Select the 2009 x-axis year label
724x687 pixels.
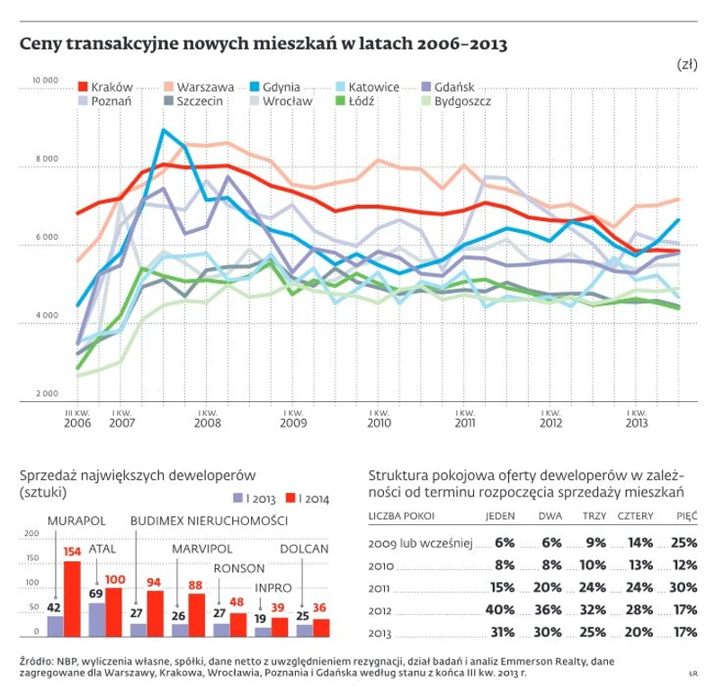coord(292,423)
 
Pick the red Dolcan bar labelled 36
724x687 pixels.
coord(321,627)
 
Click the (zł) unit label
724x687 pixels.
coord(686,65)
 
